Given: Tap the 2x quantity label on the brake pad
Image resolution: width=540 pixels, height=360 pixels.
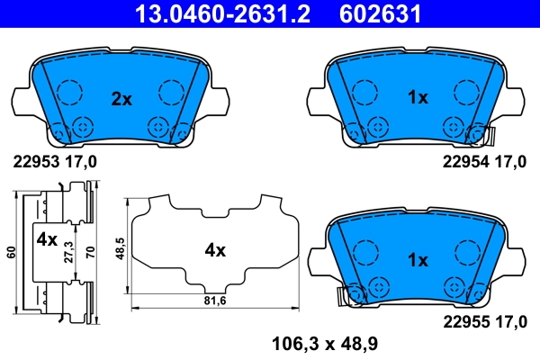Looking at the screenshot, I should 121,99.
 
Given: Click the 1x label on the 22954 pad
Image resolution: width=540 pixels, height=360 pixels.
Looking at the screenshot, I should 417,98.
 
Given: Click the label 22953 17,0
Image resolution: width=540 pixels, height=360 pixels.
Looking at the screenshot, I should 55,162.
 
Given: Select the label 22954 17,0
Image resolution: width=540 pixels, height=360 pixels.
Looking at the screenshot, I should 483,162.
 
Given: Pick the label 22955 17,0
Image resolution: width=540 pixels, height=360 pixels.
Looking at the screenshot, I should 483,321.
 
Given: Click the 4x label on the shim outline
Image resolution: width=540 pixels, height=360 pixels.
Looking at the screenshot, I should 214,251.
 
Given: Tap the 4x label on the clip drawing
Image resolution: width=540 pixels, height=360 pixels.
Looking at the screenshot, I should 46,240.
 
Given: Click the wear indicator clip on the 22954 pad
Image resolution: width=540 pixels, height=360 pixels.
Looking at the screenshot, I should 489,136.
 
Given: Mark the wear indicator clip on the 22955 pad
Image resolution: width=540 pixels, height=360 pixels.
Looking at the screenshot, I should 341,294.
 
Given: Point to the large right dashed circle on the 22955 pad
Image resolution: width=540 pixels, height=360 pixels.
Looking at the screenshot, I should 465,252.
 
